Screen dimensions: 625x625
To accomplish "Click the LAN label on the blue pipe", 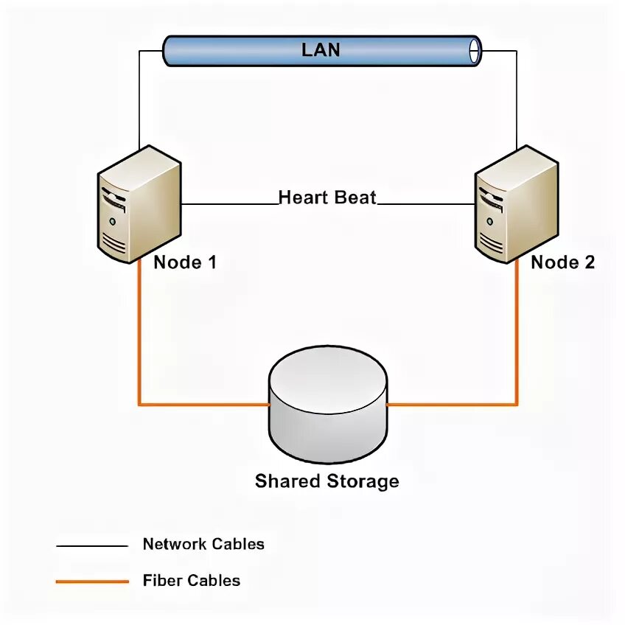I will tap(321, 50).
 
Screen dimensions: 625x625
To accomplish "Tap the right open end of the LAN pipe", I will tap(475, 50).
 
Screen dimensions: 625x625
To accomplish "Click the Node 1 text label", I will tap(185, 262).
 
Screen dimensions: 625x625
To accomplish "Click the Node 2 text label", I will tap(562, 262).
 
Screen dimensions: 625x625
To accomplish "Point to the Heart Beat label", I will tap(327, 198).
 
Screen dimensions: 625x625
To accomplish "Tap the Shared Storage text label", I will tap(327, 481).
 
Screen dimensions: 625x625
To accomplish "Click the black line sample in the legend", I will tap(92, 546).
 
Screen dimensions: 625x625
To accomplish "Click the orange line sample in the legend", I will tap(92, 582).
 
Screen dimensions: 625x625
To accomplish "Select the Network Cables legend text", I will tap(203, 545).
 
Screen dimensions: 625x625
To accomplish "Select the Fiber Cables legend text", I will tap(192, 580).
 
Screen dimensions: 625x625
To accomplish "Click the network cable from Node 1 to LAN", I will tap(139, 96).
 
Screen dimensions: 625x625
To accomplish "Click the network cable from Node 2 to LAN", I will tap(517, 96).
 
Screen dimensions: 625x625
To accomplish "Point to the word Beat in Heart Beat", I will tap(356, 198).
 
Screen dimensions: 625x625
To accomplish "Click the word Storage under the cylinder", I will tap(363, 481).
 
